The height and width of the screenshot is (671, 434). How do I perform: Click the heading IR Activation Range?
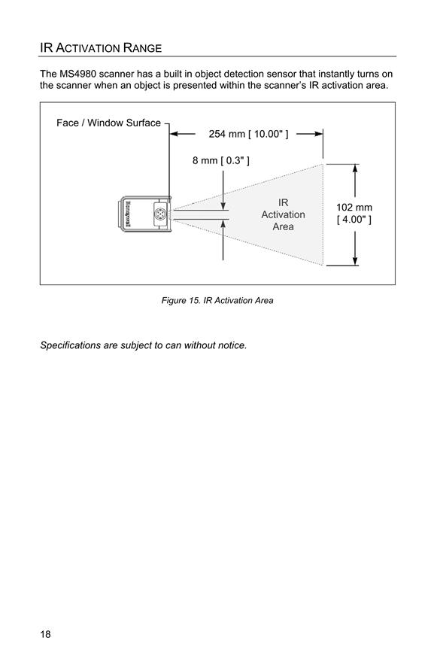(x=101, y=47)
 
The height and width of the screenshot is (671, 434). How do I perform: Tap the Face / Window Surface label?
(x=109, y=123)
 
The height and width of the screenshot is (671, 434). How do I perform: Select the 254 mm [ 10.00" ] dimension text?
(x=249, y=134)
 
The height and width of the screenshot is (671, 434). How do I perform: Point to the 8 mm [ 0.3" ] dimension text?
(x=221, y=160)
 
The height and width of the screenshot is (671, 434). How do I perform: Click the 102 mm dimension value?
(x=354, y=208)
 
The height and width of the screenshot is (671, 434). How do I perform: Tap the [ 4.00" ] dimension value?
(x=354, y=220)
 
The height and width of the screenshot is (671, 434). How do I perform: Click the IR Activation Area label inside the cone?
(x=284, y=214)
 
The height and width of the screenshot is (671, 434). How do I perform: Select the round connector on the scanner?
(x=160, y=213)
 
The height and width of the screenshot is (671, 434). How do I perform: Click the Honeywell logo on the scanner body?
(x=128, y=214)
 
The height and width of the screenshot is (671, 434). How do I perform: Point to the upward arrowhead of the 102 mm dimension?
(x=355, y=169)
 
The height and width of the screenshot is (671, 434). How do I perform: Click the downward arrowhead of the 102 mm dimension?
(x=355, y=260)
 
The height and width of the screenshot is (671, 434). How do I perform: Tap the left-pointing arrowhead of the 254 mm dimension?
(x=175, y=134)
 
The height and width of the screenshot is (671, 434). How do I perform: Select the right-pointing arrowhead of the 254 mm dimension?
(x=318, y=134)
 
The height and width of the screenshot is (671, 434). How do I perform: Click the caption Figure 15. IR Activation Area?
(x=217, y=300)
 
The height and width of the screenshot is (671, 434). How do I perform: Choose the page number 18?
(x=45, y=634)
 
